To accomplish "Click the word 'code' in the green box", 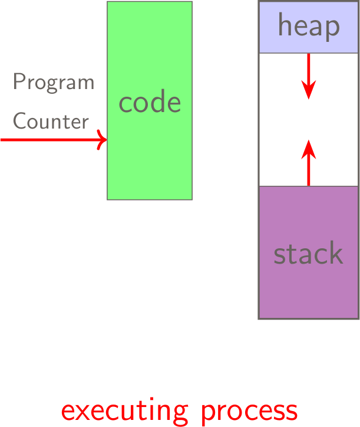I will (150, 103).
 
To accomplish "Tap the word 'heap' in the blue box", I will (309, 27).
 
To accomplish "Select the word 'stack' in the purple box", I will (309, 254).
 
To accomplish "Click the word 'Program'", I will (54, 83).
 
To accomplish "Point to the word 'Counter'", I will (51, 121).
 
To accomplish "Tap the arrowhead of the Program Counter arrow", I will (103, 140).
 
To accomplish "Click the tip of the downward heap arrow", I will (309, 97).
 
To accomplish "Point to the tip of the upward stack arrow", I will (309, 140).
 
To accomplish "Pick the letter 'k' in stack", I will (336, 253).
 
